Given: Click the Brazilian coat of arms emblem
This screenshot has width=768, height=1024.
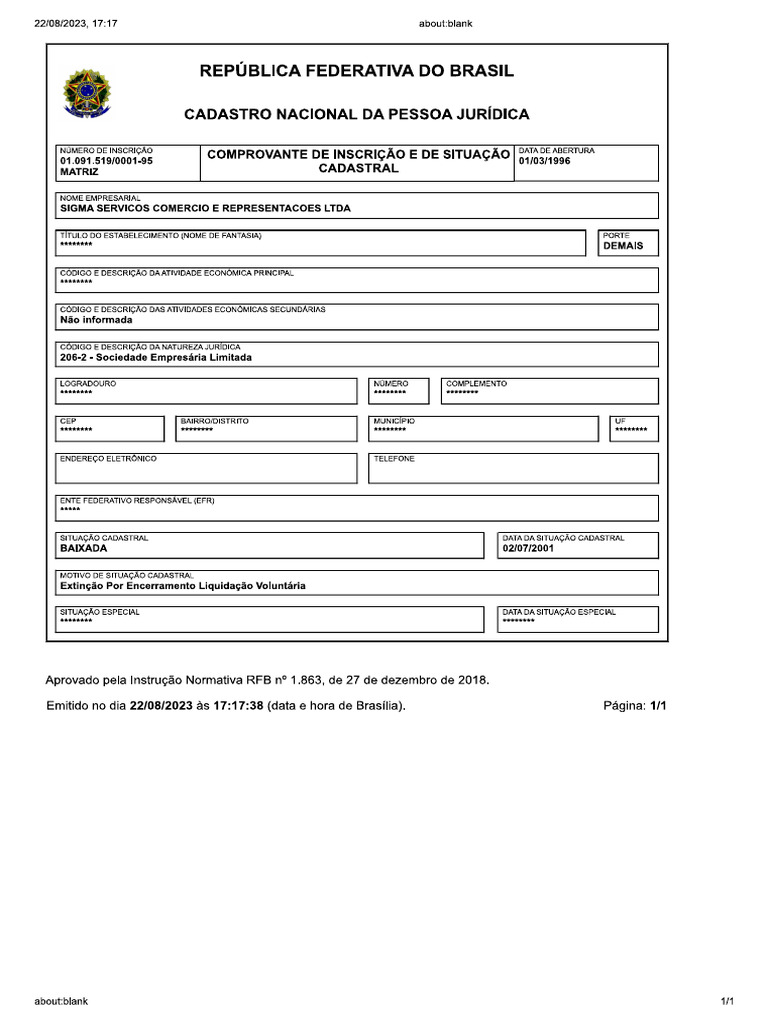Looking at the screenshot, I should (87, 92).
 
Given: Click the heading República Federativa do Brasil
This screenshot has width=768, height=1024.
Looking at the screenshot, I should (357, 71).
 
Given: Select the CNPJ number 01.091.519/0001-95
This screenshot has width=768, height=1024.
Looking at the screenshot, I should (106, 161).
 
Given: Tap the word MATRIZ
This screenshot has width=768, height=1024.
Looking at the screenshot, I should (79, 172).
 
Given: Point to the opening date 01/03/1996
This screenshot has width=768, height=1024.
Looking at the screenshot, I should (544, 161).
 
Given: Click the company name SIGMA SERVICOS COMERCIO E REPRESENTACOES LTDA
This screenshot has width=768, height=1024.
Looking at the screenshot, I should (205, 209).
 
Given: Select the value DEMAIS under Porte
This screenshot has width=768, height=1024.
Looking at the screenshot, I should (623, 246).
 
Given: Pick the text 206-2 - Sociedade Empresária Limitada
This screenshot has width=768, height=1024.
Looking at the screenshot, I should (156, 357).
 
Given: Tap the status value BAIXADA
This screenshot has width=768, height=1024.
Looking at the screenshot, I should (83, 549).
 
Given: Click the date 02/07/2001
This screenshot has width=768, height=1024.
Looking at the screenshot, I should (528, 549).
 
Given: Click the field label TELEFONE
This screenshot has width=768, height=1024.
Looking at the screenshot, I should (394, 459).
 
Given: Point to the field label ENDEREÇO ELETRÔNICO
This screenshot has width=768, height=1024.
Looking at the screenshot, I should (108, 459).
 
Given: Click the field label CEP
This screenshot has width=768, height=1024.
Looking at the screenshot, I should (68, 421).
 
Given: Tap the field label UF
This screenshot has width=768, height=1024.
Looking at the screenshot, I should (620, 421).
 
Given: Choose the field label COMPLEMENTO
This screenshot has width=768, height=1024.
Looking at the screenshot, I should (476, 384).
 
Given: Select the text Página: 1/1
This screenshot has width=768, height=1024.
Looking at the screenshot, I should (634, 706).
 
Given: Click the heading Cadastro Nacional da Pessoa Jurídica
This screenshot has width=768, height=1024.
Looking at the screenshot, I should (357, 115).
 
